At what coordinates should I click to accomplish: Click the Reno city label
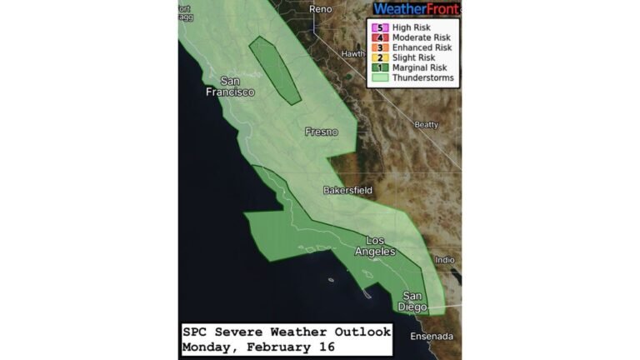320,9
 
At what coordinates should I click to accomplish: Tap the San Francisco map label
231,87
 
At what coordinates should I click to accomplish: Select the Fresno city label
321,132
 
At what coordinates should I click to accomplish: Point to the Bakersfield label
347,191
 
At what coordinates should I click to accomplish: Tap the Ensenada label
432,337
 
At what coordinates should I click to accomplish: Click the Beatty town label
426,125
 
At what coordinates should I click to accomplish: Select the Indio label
446,260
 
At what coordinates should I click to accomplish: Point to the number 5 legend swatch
380,27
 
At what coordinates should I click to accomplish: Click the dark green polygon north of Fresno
275,70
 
